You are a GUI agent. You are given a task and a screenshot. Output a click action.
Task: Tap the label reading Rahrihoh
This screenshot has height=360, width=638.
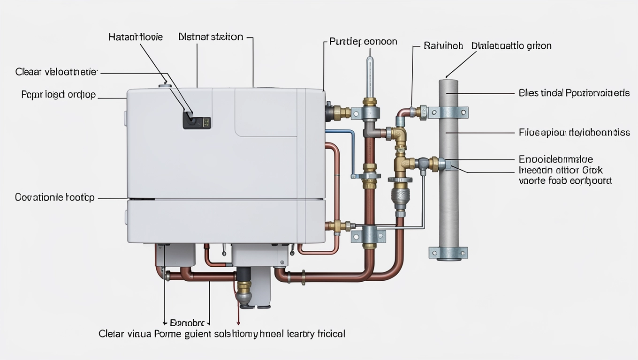(443, 46)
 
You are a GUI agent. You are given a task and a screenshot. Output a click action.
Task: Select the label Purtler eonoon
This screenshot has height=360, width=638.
(364, 41)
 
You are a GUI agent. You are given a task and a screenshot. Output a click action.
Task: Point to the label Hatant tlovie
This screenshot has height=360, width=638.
(136, 37)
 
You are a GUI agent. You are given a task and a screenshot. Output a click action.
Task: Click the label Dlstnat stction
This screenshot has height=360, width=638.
(211, 37)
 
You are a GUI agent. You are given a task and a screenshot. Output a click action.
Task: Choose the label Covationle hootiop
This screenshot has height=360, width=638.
(55, 197)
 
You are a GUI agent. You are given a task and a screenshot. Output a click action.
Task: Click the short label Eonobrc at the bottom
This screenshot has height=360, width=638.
(187, 323)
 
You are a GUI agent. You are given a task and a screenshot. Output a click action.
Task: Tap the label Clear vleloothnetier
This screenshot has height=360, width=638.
(56, 72)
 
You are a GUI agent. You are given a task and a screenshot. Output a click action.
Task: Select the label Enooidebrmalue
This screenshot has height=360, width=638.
(555, 159)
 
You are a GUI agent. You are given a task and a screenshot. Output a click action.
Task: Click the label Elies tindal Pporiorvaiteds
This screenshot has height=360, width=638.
(574, 93)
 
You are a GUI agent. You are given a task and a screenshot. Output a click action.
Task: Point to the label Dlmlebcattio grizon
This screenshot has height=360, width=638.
(511, 46)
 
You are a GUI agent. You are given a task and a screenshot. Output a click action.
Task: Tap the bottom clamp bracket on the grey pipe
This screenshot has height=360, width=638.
(448, 253)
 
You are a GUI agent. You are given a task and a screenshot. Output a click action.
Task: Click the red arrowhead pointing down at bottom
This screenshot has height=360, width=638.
(238, 322)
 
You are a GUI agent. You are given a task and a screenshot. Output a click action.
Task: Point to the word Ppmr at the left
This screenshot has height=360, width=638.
(31, 95)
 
